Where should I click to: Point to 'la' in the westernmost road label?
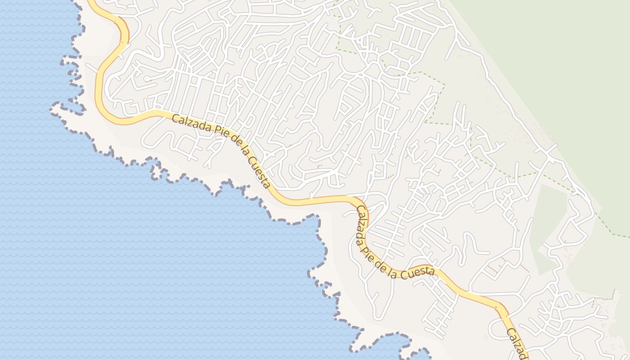click(247, 153)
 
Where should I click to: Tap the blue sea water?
click(135, 252)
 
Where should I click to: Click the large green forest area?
click(562, 67)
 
